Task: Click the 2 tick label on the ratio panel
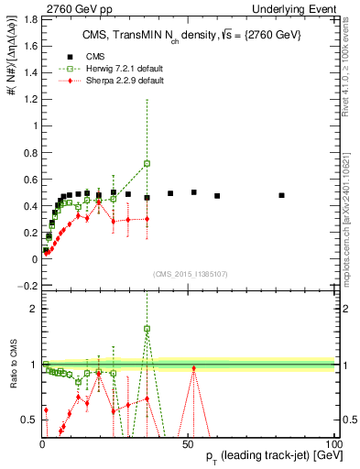pyautogui.click(x=31, y=309)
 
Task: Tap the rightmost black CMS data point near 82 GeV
pyautogui.click(x=281, y=195)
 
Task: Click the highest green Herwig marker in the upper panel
pyautogui.click(x=147, y=163)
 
